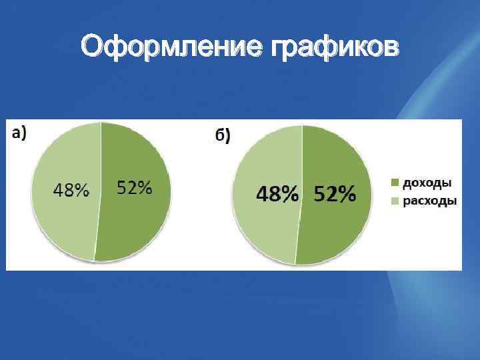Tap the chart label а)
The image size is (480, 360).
pyautogui.click(x=19, y=132)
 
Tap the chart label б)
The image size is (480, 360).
pyautogui.click(x=222, y=136)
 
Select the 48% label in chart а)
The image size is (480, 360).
pyautogui.click(x=71, y=191)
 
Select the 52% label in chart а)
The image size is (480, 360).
pyautogui.click(x=135, y=188)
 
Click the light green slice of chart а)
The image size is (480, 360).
pyautogui.click(x=63, y=227)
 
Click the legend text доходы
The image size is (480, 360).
pyautogui.click(x=429, y=182)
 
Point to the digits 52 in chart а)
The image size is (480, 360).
pyautogui.click(x=127, y=188)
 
